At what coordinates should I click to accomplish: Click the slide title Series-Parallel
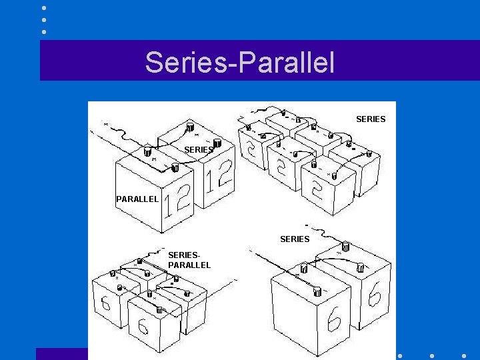coord(239,62)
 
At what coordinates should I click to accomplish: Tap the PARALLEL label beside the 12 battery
coord(137,199)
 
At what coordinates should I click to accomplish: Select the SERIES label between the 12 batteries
coord(199,150)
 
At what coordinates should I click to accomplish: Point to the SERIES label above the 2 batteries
coord(371,119)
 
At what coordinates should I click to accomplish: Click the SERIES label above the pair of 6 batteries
coord(295,239)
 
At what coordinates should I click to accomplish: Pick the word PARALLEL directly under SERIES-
coord(189,265)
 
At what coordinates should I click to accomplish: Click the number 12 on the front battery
coord(177,201)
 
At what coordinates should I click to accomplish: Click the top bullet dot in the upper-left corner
coord(44,8)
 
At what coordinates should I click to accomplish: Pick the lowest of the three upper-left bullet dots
coord(44,31)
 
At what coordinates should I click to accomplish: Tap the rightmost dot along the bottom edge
coord(464,356)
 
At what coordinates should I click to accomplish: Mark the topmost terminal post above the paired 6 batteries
coord(345,245)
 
